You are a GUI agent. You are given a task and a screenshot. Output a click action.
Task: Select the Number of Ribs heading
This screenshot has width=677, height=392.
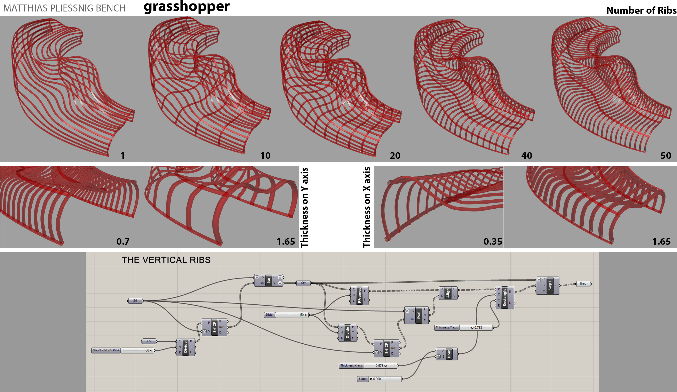[x=641, y=10]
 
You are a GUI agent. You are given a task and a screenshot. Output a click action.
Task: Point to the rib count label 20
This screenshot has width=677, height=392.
[x=395, y=155]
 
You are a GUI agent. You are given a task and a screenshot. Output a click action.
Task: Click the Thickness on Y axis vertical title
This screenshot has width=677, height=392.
[x=304, y=207]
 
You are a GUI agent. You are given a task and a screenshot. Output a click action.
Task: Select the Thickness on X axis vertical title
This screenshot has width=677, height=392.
[x=367, y=207]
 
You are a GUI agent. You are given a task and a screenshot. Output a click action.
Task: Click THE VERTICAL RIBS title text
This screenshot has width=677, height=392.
[x=166, y=260]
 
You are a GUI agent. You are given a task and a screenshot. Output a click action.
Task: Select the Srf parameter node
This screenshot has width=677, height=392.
[x=135, y=301]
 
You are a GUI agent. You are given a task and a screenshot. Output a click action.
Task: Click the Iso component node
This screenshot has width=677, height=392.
[x=269, y=280]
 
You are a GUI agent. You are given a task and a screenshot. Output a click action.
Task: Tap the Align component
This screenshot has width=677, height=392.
[x=448, y=293]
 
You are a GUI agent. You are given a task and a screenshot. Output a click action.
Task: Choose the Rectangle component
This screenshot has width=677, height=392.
[x=504, y=297]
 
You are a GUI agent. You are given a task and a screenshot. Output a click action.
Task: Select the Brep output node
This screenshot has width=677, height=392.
[x=583, y=284]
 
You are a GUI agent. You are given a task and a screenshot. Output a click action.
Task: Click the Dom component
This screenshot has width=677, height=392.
[x=448, y=354]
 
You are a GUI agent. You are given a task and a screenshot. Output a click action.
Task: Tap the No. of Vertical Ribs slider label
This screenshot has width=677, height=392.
[x=106, y=350]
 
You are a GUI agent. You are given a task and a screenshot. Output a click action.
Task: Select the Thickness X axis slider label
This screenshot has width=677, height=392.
[x=351, y=366]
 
